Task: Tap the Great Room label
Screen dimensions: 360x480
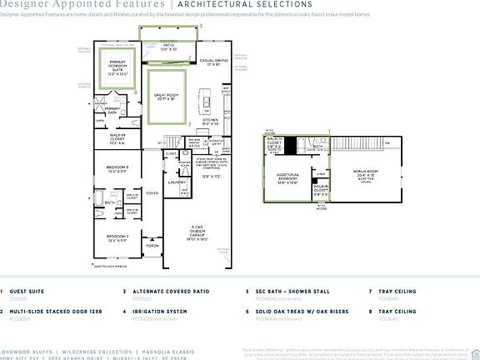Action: pos(169,97)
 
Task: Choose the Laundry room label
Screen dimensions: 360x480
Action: pos(176,182)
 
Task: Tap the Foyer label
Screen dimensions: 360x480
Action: pos(152,192)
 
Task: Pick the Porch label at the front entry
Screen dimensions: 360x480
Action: pos(152,246)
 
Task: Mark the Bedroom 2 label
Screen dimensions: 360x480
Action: pos(117,238)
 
